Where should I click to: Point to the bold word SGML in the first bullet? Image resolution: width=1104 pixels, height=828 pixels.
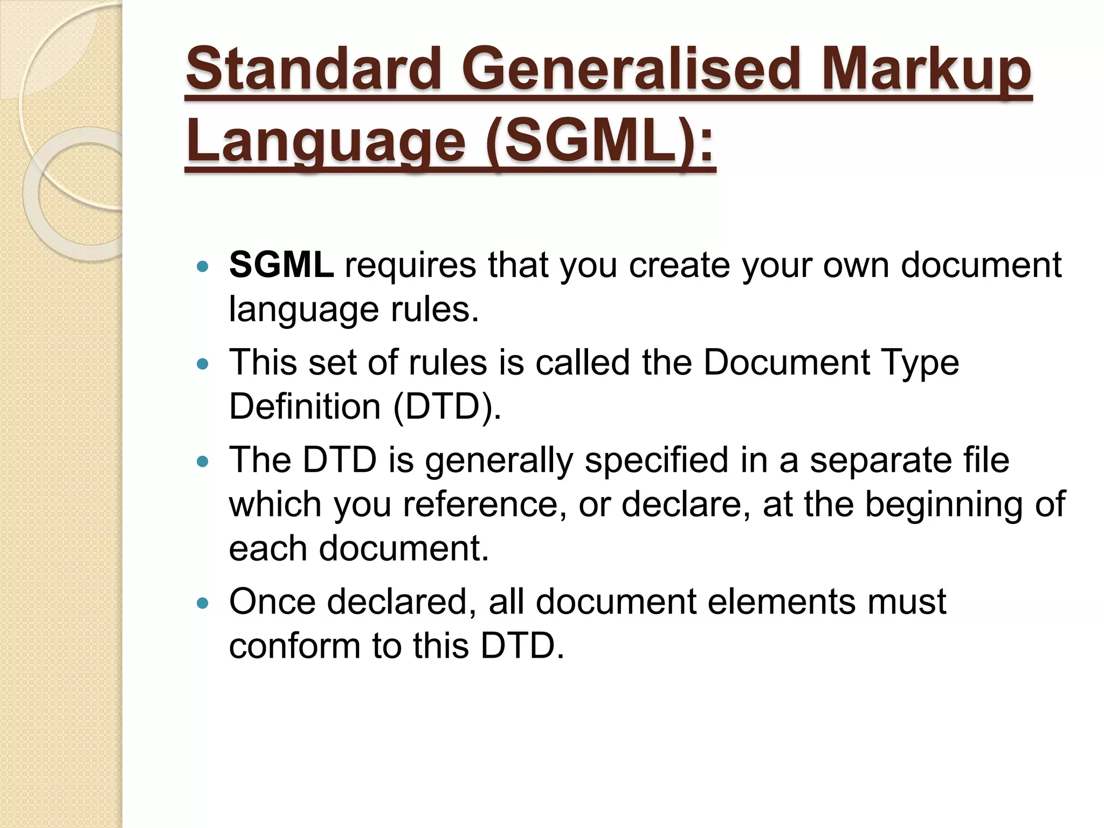click(281, 265)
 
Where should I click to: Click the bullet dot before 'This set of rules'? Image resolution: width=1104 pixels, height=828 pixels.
click(203, 365)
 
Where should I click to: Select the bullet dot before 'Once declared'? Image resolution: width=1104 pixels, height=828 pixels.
click(203, 604)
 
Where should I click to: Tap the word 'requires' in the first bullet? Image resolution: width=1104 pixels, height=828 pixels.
click(410, 265)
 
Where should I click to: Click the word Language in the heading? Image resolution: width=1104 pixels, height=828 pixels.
click(326, 142)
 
